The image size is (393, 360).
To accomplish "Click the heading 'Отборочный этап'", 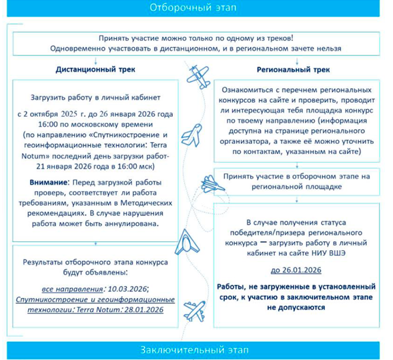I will [196, 8].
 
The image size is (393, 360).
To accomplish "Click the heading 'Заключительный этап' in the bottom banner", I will [196, 351].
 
